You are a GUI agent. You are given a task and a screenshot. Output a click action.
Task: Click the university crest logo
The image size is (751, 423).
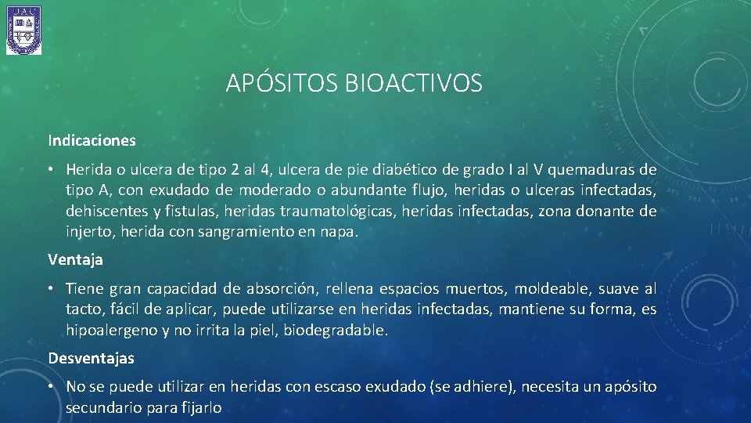(24, 30)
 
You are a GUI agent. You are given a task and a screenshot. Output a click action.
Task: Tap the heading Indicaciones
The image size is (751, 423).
(92, 141)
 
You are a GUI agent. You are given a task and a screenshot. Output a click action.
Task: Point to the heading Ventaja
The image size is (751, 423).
(75, 258)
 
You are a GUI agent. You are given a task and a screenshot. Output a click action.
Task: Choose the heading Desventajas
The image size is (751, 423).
(91, 358)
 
